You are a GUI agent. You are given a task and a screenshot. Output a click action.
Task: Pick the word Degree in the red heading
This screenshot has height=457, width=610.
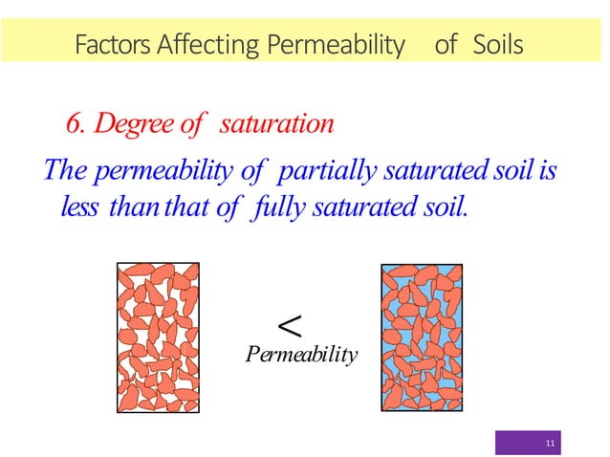132,125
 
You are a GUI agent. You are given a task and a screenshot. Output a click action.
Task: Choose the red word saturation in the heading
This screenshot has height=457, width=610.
277,125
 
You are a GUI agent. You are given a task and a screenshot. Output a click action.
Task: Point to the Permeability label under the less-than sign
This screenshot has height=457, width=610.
301,356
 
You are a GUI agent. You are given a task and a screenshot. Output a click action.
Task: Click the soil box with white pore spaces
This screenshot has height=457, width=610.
158,337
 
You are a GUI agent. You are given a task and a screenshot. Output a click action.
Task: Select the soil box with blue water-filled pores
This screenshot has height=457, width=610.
422,337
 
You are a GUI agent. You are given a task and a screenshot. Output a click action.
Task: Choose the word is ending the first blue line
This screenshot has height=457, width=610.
547,171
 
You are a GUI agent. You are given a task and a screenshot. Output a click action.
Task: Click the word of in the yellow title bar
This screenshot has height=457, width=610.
445,44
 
